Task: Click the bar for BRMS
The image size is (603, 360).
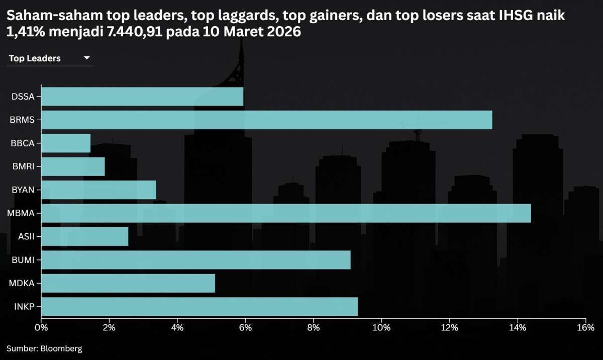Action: pyautogui.click(x=266, y=120)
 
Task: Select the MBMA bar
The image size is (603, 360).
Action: pyautogui.click(x=285, y=213)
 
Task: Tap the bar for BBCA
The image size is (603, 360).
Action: pyautogui.click(x=66, y=143)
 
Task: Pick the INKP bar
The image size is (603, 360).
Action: pyautogui.click(x=199, y=306)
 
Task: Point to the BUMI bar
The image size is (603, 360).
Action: pyautogui.click(x=195, y=259)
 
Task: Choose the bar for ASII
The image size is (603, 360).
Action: pyautogui.click(x=84, y=236)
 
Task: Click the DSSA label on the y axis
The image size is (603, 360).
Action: pyautogui.click(x=23, y=97)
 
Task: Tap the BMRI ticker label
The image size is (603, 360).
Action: pyautogui.click(x=23, y=166)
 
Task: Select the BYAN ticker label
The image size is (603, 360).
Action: pyautogui.click(x=23, y=190)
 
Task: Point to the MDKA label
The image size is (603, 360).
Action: pyautogui.click(x=22, y=283)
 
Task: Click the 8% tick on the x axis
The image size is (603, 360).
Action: pyautogui.click(x=313, y=328)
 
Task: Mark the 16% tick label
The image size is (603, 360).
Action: pyautogui.click(x=585, y=328)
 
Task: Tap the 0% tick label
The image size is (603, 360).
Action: pyautogui.click(x=41, y=328)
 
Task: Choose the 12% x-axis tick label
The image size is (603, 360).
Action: pyautogui.click(x=449, y=328)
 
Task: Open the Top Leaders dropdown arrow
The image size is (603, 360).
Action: pyautogui.click(x=86, y=58)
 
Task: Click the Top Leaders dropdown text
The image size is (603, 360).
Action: pyautogui.click(x=35, y=58)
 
